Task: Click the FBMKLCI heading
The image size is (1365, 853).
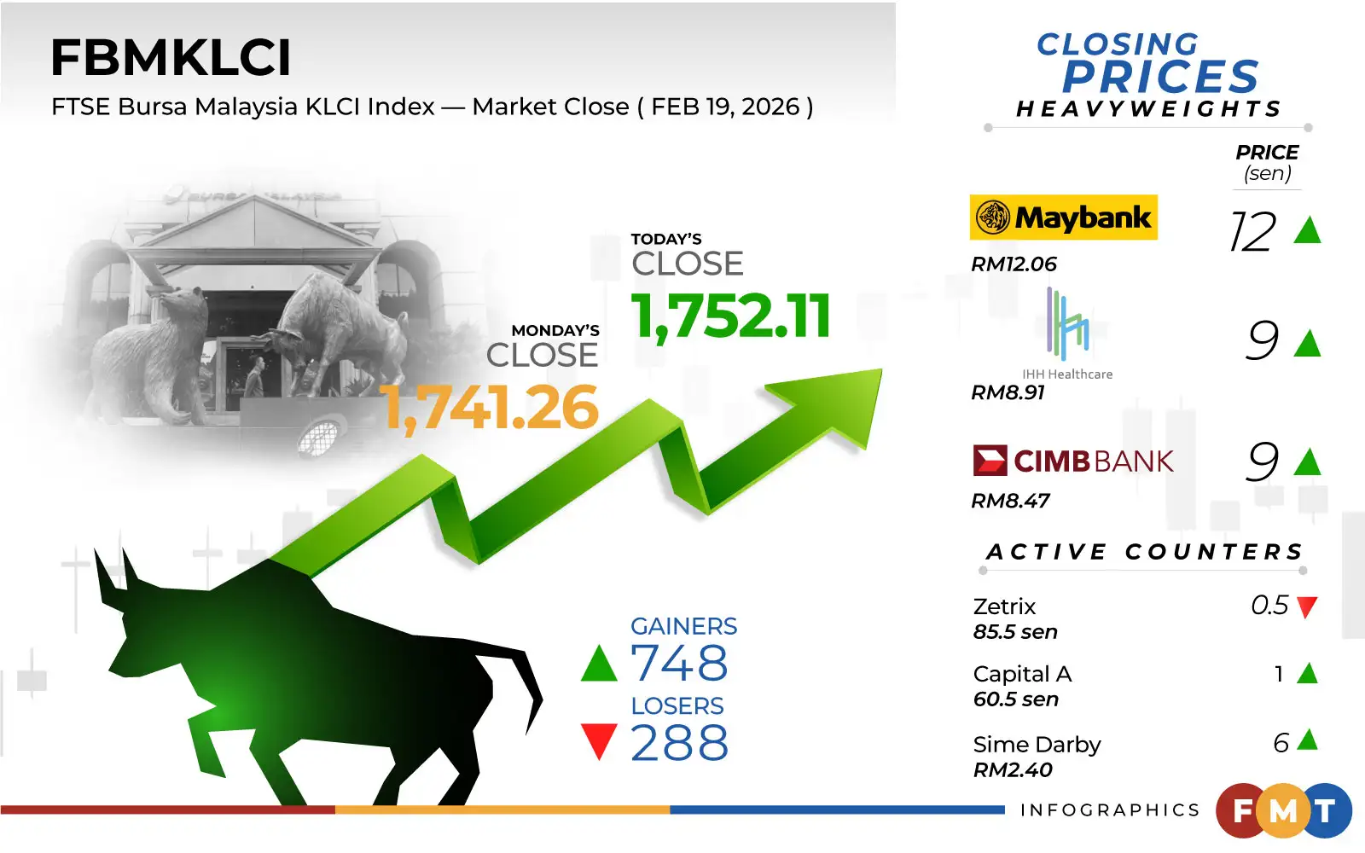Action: [171, 58]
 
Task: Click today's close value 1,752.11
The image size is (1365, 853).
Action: [730, 316]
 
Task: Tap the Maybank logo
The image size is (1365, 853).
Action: [1063, 218]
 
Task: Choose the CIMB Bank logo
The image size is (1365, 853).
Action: [1073, 461]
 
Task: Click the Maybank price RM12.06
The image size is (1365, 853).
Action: [1014, 264]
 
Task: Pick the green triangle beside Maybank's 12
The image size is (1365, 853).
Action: [1307, 231]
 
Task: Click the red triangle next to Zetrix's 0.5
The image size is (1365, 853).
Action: [1307, 607]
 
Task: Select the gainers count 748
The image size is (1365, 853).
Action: [679, 662]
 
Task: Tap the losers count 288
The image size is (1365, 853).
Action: [679, 742]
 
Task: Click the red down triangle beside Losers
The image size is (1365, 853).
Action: [599, 741]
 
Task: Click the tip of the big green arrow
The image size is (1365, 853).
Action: [881, 369]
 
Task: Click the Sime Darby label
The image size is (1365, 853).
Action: [1037, 745]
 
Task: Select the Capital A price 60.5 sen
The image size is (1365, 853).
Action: [1015, 699]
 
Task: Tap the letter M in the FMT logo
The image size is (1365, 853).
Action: [1283, 811]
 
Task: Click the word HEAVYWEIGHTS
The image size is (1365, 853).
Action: [1148, 108]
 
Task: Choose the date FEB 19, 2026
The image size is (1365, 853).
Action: [725, 107]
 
